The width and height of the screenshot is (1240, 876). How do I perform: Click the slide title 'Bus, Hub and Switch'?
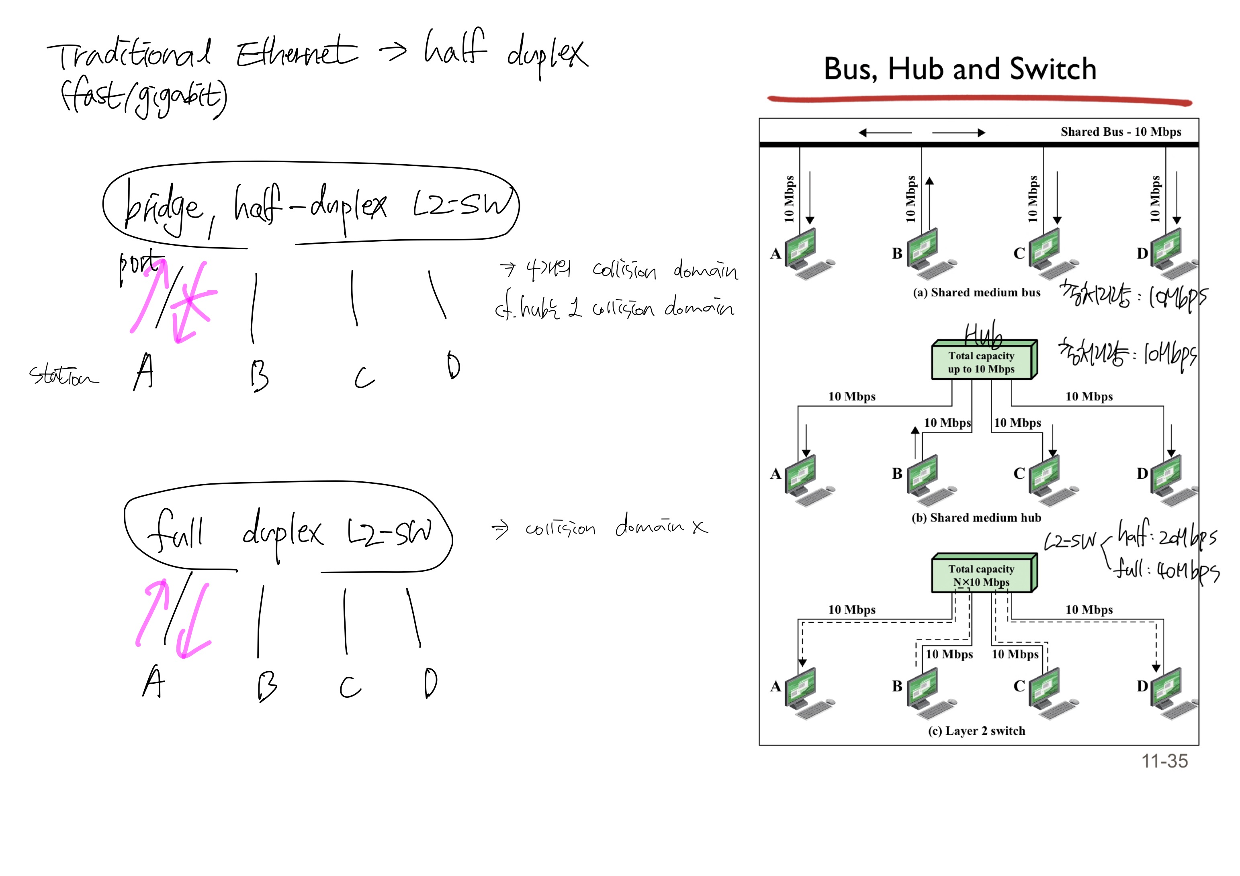click(960, 69)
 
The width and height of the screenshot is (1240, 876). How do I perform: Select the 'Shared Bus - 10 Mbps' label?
click(1120, 132)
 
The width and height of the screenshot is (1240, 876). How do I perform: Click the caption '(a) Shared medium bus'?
click(976, 293)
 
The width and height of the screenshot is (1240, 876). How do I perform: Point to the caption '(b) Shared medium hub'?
click(976, 517)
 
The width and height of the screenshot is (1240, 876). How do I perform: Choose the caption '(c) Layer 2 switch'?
click(976, 731)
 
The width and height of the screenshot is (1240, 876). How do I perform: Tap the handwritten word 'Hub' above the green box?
click(983, 335)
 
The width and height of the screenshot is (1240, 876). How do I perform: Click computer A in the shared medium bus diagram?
click(805, 254)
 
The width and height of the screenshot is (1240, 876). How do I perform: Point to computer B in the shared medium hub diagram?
click(927, 479)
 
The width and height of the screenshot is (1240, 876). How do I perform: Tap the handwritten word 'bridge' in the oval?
click(162, 208)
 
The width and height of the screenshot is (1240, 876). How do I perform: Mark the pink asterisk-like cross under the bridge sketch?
click(190, 299)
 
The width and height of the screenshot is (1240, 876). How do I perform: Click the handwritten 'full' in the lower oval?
click(176, 532)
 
